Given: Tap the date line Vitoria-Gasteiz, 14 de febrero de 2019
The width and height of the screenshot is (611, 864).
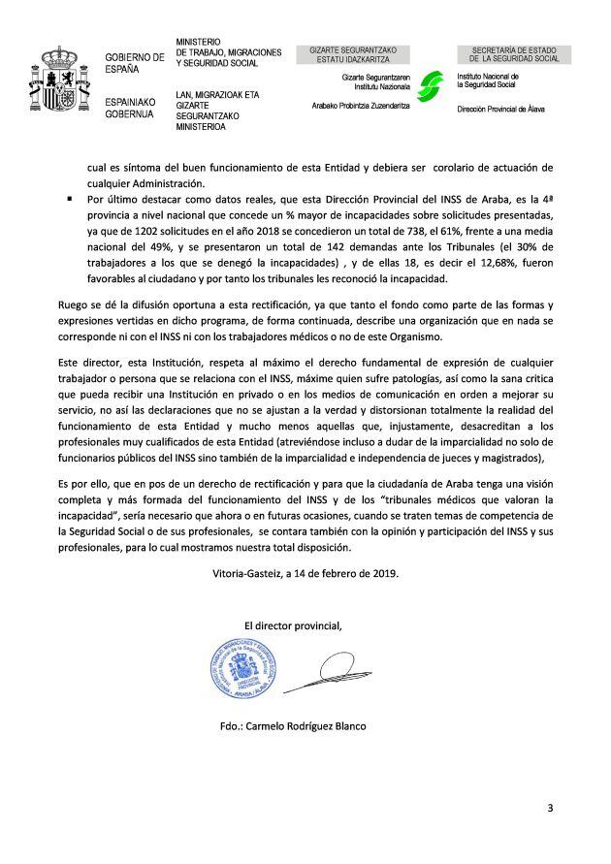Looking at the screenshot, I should click(x=305, y=573).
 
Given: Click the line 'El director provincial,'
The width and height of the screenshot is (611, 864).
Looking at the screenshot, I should click(x=293, y=623).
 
